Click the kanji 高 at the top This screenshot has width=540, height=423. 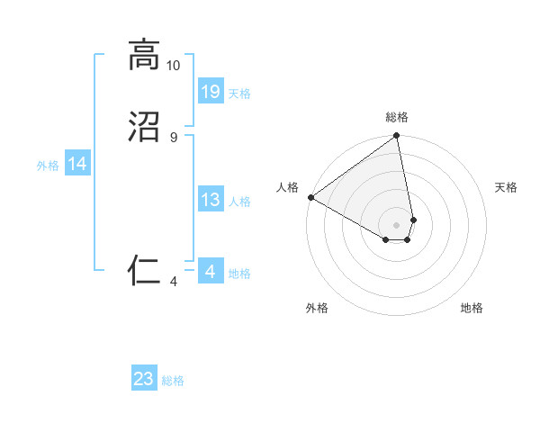click(144, 56)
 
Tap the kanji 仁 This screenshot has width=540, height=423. click(144, 269)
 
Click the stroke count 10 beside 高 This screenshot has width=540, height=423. click(173, 66)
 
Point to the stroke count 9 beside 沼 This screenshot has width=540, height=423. click(173, 137)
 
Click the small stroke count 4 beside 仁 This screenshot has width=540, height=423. click(173, 281)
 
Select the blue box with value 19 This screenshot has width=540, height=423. click(210, 91)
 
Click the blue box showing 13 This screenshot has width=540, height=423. click(210, 200)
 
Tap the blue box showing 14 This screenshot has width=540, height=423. click(77, 164)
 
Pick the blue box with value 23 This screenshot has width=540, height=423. click(144, 379)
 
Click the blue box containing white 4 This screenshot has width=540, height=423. click(210, 271)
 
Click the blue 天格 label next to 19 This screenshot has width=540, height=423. click(239, 94)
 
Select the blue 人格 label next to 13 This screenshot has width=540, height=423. click(239, 202)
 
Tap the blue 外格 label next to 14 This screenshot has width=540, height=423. click(48, 166)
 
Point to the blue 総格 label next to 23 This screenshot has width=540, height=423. click(173, 381)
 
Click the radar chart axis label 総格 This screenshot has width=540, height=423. click(397, 117)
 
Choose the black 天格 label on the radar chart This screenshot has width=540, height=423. click(506, 187)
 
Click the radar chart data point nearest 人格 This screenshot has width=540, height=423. click(310, 197)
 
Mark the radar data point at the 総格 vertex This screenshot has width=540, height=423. click(397, 137)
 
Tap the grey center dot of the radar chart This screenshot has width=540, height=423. click(397, 224)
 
